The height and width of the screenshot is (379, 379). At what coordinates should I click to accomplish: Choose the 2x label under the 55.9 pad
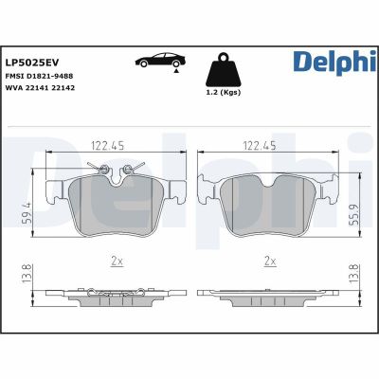270,260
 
